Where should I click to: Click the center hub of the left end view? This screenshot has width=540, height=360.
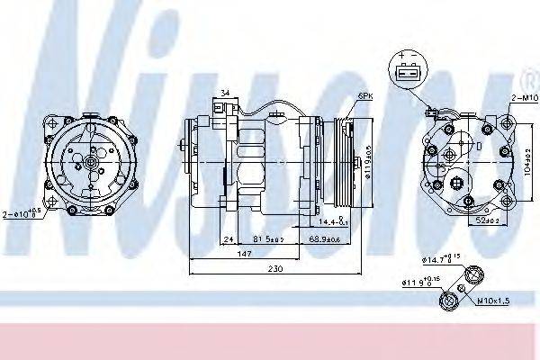pos(92,162)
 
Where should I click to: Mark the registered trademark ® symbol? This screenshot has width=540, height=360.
pos(532,73)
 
